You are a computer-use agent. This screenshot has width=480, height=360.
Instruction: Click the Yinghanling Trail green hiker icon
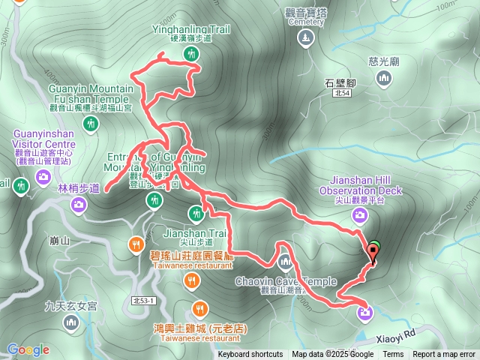(193, 53)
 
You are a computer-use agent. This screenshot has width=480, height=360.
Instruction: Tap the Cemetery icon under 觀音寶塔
(307, 41)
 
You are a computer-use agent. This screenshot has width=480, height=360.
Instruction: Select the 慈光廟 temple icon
(385, 78)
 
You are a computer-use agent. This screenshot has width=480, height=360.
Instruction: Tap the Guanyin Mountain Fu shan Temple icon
(91, 122)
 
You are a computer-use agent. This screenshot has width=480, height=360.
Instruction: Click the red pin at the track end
(373, 252)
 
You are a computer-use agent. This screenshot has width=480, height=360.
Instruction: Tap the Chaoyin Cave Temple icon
(284, 262)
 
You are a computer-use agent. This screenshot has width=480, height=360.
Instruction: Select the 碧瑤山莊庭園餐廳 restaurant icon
(136, 243)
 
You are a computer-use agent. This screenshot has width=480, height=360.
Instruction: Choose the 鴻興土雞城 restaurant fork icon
(200, 308)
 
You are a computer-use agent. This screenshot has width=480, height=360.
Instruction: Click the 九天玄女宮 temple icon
(71, 322)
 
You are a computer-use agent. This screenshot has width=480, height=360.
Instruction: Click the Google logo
(28, 349)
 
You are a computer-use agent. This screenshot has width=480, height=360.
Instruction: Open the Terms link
(393, 355)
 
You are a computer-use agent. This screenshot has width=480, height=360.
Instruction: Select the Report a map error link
(444, 355)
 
